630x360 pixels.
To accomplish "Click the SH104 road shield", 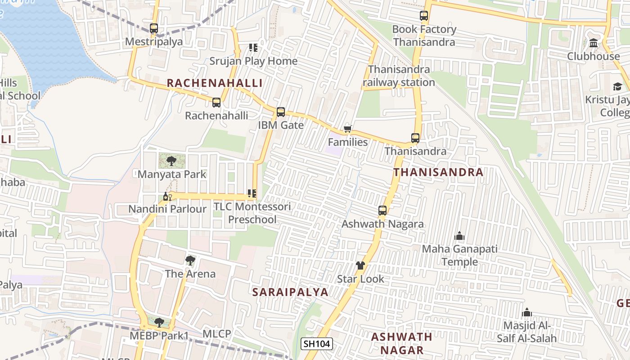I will pos(316,344).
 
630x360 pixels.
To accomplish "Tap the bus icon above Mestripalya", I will pos(154,28).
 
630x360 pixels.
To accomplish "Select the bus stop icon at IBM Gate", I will pos(281,112).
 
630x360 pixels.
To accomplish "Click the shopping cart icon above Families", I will pos(347,129).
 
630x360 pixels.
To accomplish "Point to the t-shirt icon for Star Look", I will pos(360,265).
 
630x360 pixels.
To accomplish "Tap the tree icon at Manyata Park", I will pos(171,161).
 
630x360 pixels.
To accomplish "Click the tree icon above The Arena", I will pos(190,260).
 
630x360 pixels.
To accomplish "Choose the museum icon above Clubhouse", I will pos(594,43).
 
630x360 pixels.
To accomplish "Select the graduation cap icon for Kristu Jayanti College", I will pos(617,86).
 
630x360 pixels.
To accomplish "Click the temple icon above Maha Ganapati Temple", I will pos(459,236).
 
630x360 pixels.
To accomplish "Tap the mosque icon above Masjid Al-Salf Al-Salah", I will pos(527,312).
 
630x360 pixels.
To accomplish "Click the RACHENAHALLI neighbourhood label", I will pos(215,83).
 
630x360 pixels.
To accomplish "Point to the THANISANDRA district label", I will pos(438,172).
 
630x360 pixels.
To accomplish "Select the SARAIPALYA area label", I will pos(290,292).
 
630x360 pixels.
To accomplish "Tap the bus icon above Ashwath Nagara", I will pos(382,210).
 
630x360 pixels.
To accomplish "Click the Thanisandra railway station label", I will pos(399,76).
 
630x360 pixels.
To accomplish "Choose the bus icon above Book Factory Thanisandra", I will pos(424,16).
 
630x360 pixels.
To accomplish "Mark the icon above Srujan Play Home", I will pos(253,47).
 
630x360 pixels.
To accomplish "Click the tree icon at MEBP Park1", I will pos(159,322).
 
